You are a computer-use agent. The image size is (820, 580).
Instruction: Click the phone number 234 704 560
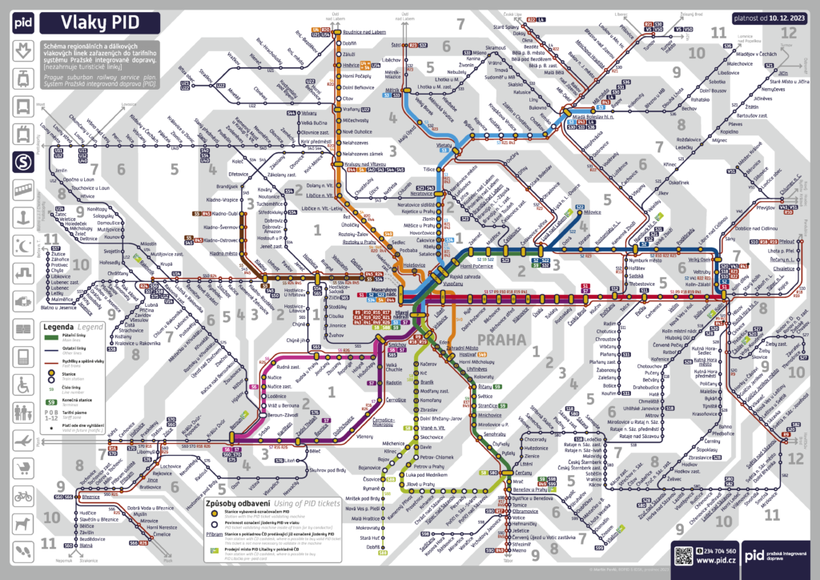(720, 551)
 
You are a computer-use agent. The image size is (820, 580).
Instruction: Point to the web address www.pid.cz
(716, 562)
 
